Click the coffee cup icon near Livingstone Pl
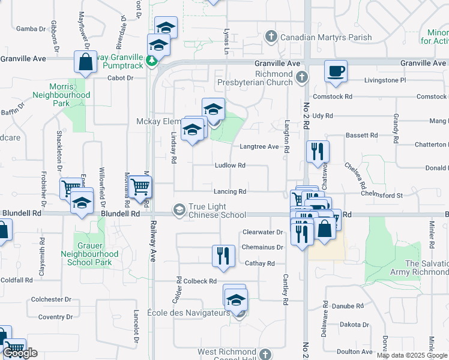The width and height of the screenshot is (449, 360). click(336, 70)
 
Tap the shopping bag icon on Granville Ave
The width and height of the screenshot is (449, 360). click(85, 61)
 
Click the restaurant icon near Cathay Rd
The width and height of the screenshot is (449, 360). click(223, 255)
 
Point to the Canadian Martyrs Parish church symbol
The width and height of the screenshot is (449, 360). click(271, 37)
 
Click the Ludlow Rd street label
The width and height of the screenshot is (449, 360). click(231, 166)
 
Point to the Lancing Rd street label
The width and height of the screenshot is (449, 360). click(231, 192)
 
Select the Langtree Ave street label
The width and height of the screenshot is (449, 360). click(259, 146)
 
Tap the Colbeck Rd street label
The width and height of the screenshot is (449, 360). click(200, 281)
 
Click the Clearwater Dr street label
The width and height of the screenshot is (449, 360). click(262, 232)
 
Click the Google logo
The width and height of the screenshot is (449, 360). click(20, 353)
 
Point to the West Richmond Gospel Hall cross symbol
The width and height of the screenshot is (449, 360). click(268, 355)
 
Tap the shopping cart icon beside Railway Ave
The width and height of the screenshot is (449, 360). click(140, 187)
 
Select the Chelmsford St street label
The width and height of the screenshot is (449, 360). click(381, 194)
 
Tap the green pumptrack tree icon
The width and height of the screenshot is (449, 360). click(152, 60)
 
